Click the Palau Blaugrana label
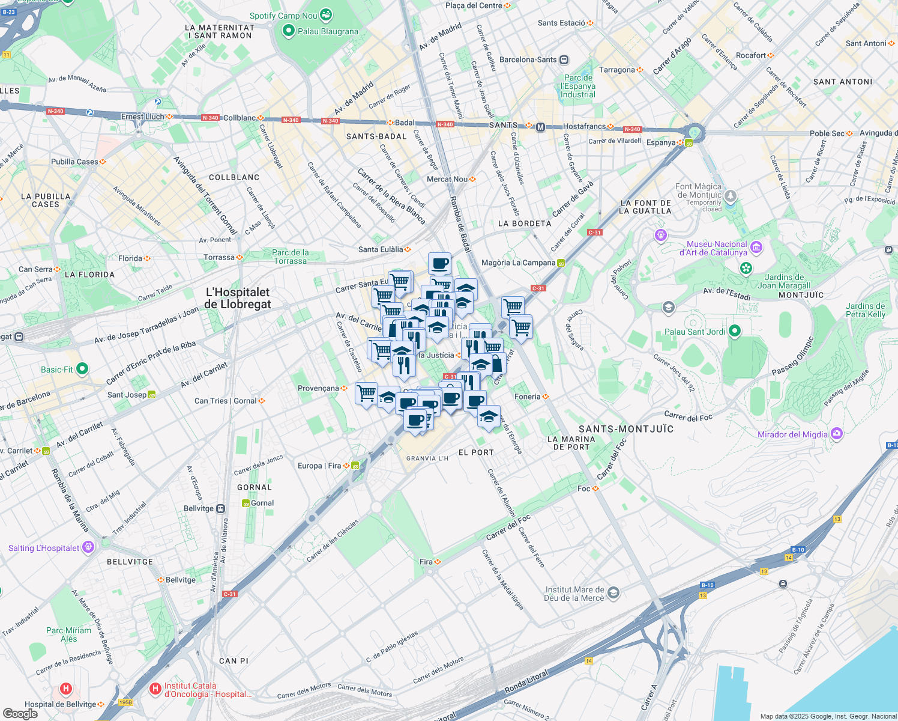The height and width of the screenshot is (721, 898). pos(328,31)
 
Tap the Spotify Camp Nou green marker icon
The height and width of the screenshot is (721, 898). pos(326,14)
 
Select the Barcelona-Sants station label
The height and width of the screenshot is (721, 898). pos(528,59)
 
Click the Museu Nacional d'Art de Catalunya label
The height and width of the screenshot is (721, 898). pos(717,248)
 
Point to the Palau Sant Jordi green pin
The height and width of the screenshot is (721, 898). pos(734,331)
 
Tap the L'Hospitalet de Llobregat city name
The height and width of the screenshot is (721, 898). pos(238,298)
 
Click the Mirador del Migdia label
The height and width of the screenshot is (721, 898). pos(792,434)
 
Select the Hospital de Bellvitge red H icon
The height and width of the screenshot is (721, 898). pos(66,689)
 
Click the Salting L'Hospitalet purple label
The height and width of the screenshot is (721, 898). pos(44,548)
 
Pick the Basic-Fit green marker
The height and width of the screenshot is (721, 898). pos(82,369)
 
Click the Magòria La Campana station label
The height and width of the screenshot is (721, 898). pos(518,263)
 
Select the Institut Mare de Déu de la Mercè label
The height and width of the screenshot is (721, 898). pos(574,594)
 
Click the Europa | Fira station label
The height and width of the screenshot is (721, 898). pos(319,466)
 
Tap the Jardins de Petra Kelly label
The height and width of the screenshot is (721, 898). pos(865,310)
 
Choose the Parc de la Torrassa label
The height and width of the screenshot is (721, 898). pos(290,257)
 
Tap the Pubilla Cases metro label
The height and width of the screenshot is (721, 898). pos(74,162)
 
